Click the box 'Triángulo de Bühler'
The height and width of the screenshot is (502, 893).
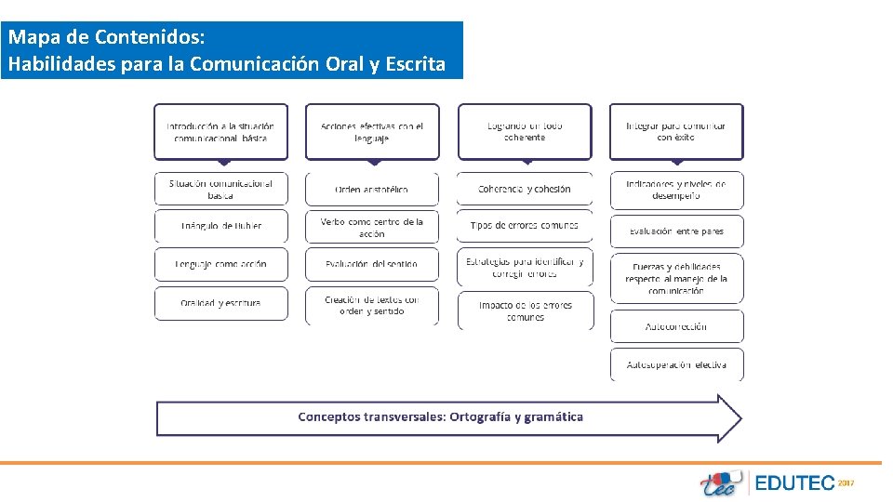pos(221,226)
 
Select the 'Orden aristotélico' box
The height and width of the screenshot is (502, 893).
pos(371,190)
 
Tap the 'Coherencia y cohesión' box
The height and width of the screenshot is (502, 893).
pos(525,189)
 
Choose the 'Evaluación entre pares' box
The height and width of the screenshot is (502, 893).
pos(676,231)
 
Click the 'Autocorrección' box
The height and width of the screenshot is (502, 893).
pos(676,326)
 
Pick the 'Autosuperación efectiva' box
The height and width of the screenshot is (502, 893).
pos(676,364)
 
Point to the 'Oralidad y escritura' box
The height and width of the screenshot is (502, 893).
pos(221,303)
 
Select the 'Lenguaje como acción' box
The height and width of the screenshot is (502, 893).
pos(221,264)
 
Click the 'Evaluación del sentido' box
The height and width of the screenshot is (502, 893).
pos(371,264)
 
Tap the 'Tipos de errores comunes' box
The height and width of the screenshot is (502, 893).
pos(525,225)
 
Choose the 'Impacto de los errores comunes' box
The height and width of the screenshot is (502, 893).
pos(525,310)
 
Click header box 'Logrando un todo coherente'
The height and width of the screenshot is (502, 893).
pos(525,131)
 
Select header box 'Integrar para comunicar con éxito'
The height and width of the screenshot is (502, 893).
pos(676,131)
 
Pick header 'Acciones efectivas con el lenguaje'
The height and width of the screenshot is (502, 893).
pos(371,131)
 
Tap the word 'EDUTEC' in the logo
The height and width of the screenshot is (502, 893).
pos(794,483)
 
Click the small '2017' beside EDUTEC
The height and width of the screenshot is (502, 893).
pos(846,482)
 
